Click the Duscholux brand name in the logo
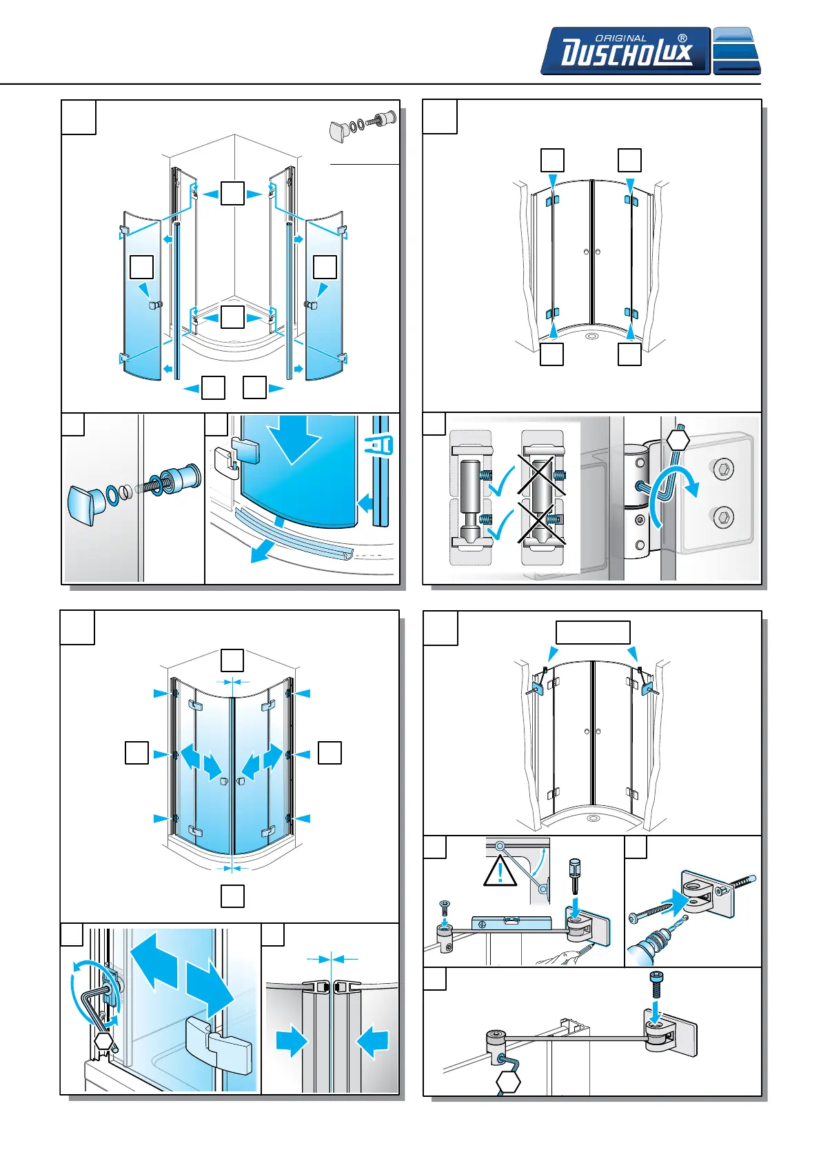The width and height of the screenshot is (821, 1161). pos(626,53)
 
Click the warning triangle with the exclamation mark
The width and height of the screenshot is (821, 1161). pos(500,871)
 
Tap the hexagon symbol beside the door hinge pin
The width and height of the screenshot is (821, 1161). pos(678,440)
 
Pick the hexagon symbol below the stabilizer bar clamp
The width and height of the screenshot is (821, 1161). pos(508,1082)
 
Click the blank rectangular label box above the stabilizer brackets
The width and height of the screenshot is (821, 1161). pos(593,632)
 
